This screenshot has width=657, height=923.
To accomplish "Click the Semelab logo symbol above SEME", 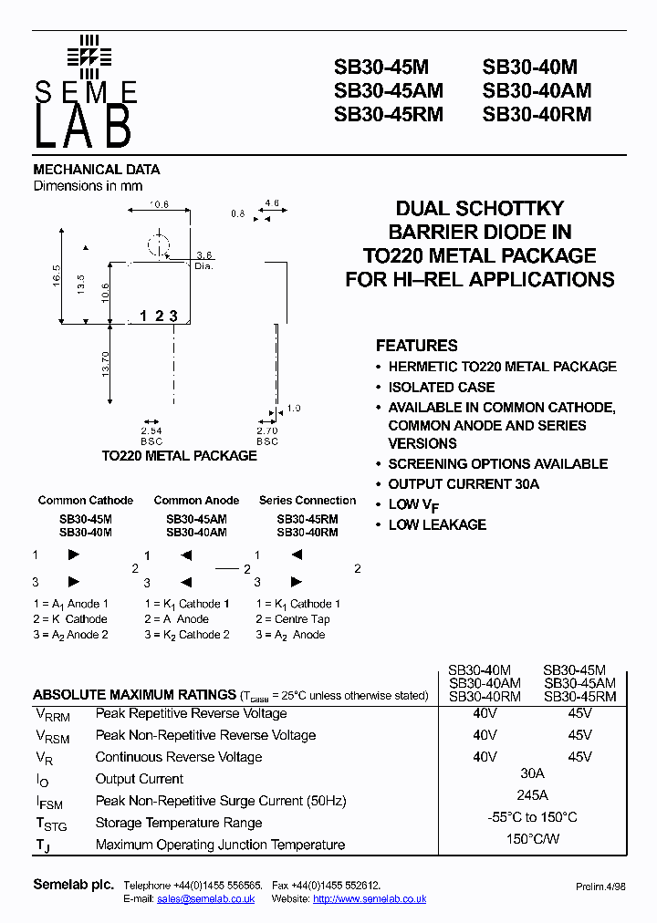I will pyautogui.click(x=89, y=56).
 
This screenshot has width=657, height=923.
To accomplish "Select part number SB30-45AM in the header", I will pyautogui.click(x=388, y=90).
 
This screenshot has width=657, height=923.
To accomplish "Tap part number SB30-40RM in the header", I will pyautogui.click(x=537, y=114).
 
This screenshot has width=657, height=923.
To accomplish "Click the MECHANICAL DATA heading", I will pyautogui.click(x=96, y=170).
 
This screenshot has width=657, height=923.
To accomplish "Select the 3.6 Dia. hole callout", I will pyautogui.click(x=204, y=261).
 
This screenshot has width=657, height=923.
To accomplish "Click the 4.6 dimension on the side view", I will pyautogui.click(x=271, y=203).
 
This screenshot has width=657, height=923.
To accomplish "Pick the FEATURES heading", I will pyautogui.click(x=416, y=346).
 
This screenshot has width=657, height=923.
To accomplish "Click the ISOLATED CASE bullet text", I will pyautogui.click(x=442, y=387).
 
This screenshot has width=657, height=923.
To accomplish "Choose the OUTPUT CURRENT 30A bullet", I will pyautogui.click(x=464, y=483).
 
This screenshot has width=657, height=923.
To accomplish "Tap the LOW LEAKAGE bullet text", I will pyautogui.click(x=437, y=524).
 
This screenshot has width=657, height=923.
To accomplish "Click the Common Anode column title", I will pyautogui.click(x=196, y=501).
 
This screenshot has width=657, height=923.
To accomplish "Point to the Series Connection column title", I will pyautogui.click(x=308, y=501).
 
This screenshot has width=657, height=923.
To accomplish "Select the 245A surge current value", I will pyautogui.click(x=532, y=795).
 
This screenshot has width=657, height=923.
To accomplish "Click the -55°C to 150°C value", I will pyautogui.click(x=532, y=817).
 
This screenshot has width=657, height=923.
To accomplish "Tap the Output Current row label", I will pyautogui.click(x=139, y=779).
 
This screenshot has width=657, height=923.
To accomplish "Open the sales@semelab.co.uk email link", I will pyautogui.click(x=205, y=899).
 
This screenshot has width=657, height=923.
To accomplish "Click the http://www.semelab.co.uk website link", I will pyautogui.click(x=370, y=899).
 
